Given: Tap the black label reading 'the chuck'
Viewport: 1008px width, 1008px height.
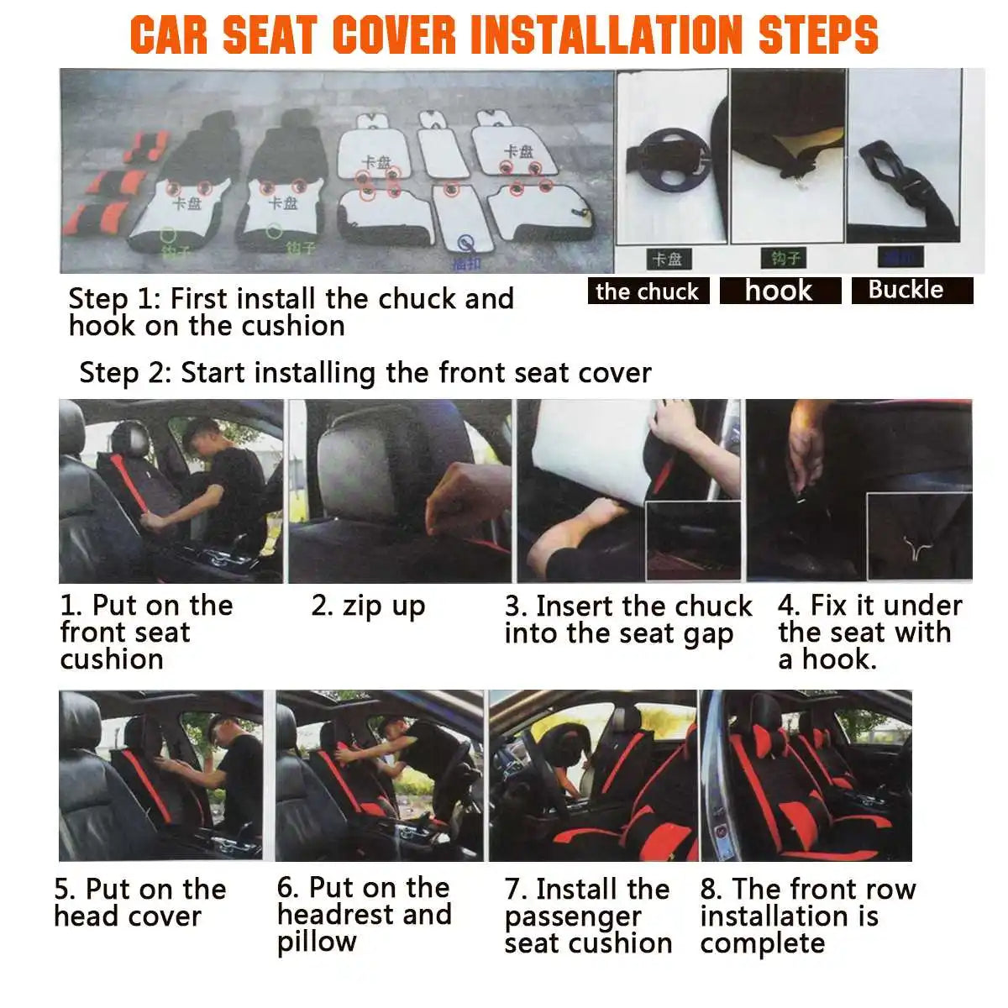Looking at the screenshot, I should point(648,291).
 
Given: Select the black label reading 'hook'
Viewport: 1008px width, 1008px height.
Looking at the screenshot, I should point(780,291).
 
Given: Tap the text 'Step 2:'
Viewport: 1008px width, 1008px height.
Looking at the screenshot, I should point(126,372).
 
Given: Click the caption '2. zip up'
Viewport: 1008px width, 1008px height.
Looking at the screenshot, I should point(368,606).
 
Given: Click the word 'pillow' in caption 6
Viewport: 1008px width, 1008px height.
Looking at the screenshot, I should point(317,942).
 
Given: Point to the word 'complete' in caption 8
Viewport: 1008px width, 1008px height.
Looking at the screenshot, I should point(762,943).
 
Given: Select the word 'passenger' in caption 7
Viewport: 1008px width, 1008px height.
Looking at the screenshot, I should point(573,916).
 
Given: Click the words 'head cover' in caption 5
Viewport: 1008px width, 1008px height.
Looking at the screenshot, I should point(128,916).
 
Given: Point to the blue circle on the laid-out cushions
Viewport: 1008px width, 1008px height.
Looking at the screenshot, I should point(464,244).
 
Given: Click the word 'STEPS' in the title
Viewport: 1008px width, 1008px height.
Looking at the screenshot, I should point(817,34).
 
